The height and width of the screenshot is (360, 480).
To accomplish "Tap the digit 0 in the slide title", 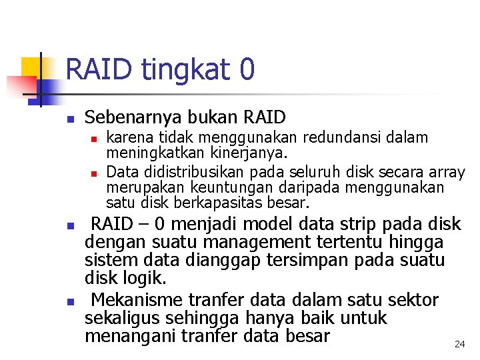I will point(246,69).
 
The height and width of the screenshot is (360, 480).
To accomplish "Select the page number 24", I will point(459,344).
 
